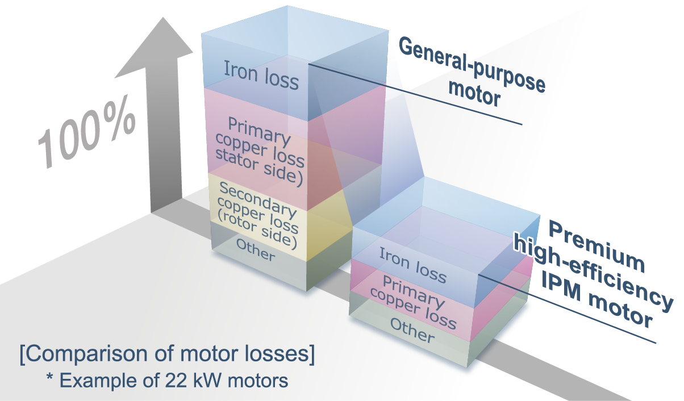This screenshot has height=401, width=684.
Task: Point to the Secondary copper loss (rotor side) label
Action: (x=258, y=216)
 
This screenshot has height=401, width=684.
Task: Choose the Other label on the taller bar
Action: (x=256, y=250)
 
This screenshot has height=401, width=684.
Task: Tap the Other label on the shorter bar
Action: (x=412, y=330)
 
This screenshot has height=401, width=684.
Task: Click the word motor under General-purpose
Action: (x=480, y=94)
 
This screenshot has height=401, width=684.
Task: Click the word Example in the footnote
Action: (x=97, y=380)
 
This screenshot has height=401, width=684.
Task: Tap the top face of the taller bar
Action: (x=295, y=28)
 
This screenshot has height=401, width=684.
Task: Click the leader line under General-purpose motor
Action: (x=415, y=94)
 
